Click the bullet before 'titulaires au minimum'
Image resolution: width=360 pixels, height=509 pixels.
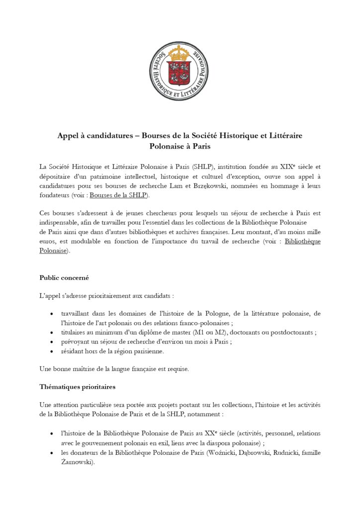pyautogui.click(x=53, y=333)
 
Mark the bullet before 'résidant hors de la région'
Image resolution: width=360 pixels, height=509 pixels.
pyautogui.click(x=53, y=351)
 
